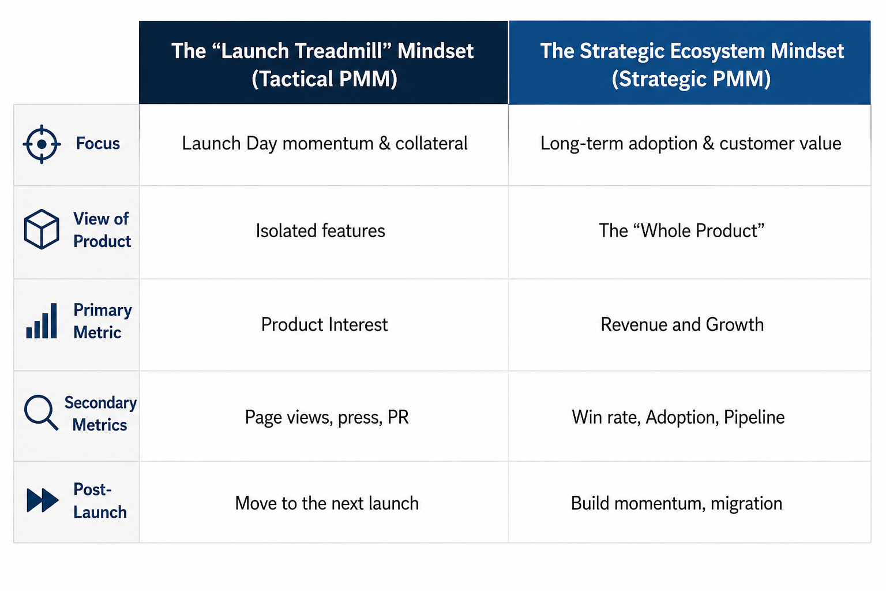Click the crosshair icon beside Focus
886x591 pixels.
42,144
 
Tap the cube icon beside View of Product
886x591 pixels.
42,229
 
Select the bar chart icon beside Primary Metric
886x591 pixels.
42,321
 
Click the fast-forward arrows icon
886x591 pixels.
42,500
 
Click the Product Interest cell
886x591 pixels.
324,324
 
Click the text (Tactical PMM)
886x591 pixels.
324,78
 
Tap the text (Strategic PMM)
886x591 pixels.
691,78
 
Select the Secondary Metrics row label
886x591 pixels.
100,414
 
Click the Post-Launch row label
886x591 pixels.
100,501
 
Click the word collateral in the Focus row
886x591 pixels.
431,143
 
